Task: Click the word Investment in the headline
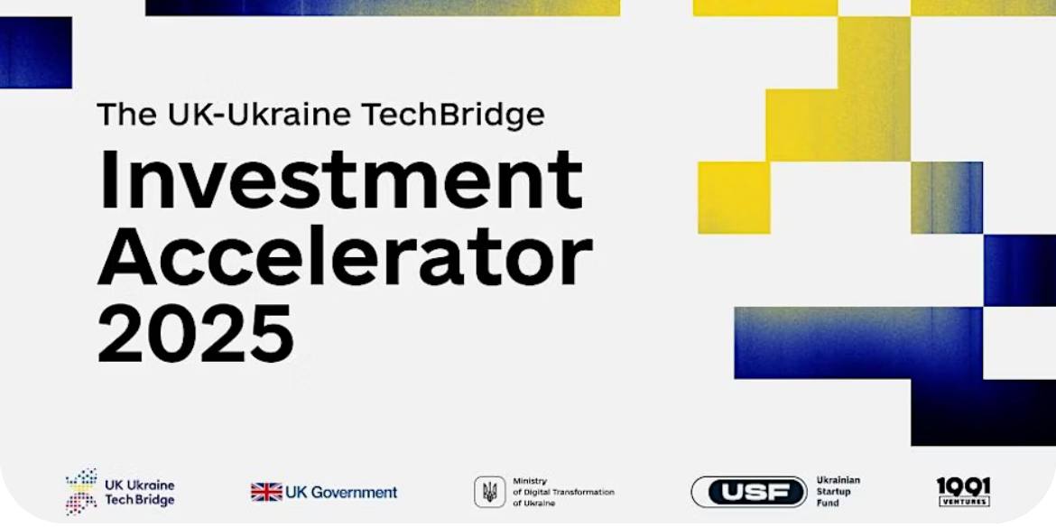pyautogui.click(x=340, y=179)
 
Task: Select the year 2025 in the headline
pyautogui.click(x=196, y=334)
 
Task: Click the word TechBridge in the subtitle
pyautogui.click(x=452, y=114)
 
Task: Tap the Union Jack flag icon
pyautogui.click(x=266, y=492)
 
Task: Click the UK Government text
pyautogui.click(x=341, y=493)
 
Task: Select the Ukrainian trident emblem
pyautogui.click(x=489, y=492)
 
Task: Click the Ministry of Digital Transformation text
pyautogui.click(x=563, y=492)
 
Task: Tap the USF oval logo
pyautogui.click(x=749, y=492)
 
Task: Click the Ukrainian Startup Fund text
pyautogui.click(x=838, y=491)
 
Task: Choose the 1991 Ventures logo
pyautogui.click(x=964, y=492)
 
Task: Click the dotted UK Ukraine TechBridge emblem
pyautogui.click(x=81, y=491)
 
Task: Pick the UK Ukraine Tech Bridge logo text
pyautogui.click(x=139, y=493)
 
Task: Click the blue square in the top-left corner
pyautogui.click(x=36, y=52)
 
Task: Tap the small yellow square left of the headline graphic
pyautogui.click(x=734, y=198)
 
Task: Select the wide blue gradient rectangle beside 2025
pyautogui.click(x=858, y=343)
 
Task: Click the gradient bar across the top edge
pyautogui.click(x=383, y=7)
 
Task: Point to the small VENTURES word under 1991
pyautogui.click(x=964, y=502)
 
